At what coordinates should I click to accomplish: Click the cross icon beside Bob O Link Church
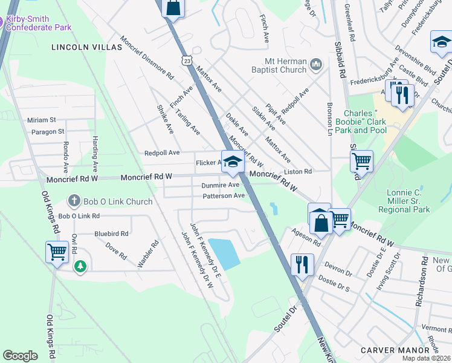[x=74, y=200]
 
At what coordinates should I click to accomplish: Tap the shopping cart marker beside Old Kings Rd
[x=57, y=251]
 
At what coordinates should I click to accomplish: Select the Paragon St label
[x=44, y=131]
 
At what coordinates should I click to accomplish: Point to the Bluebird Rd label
[x=111, y=233]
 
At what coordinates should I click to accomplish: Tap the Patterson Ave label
[x=224, y=196]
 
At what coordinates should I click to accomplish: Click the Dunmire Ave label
[x=221, y=185]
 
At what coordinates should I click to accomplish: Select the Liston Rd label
[x=297, y=172]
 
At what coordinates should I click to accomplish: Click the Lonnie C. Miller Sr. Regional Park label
[x=404, y=201]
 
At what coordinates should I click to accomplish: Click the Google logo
[x=20, y=356]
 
